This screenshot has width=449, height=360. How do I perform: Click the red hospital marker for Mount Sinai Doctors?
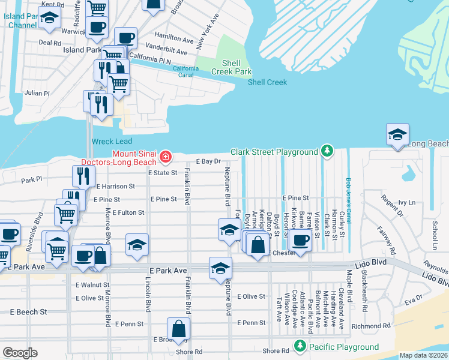(164, 157)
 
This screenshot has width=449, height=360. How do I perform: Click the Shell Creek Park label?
(231, 67)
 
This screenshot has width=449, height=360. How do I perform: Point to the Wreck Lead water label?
(111, 142)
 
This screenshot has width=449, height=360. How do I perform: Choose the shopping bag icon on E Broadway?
(179, 329)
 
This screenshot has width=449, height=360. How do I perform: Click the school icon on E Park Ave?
(220, 268)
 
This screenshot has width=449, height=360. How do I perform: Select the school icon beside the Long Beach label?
(397, 134)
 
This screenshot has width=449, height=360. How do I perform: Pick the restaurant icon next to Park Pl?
(83, 176)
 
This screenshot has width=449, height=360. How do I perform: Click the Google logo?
(20, 353)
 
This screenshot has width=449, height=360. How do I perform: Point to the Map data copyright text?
(423, 355)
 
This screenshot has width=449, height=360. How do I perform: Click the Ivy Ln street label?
(406, 203)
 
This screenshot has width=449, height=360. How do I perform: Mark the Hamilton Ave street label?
(174, 40)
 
